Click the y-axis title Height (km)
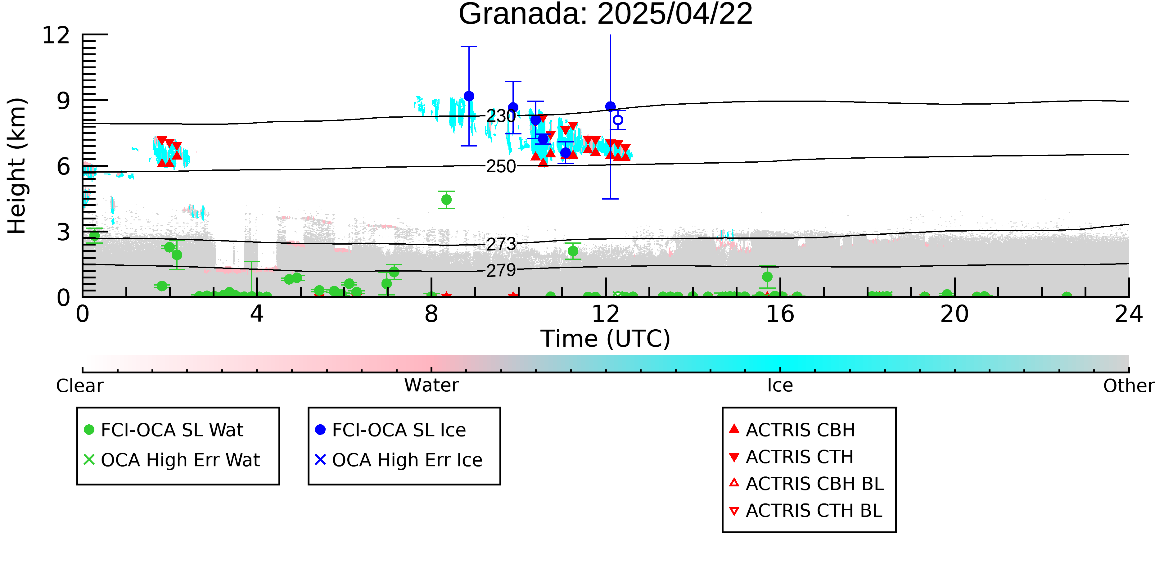pos(17,166)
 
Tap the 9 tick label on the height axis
pos(64,101)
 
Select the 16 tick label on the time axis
pos(780,314)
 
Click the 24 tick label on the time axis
pos(1129,314)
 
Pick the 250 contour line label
pos(501,166)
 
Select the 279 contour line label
pos(501,270)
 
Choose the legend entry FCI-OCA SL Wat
pos(164,430)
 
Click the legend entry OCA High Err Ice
pos(399,460)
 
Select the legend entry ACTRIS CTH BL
pos(806,511)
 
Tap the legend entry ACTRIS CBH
pos(792,430)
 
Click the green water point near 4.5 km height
pos(446,200)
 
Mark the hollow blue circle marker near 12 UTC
pos(618,120)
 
